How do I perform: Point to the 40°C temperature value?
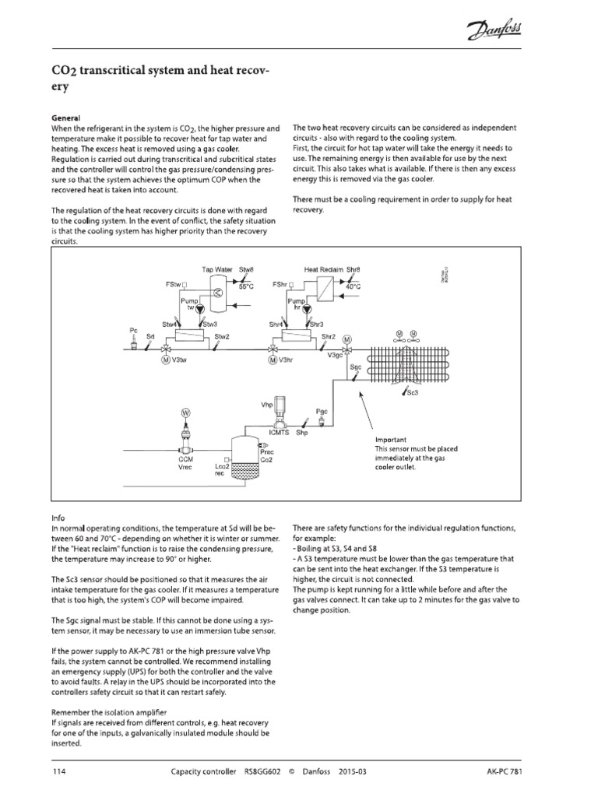353,286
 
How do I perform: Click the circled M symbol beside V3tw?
165,360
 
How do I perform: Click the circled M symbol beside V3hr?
272,360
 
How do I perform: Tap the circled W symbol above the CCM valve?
185,411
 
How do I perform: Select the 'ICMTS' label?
278,433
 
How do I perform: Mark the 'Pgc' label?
323,410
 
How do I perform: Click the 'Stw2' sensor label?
222,338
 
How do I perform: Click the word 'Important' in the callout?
391,440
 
